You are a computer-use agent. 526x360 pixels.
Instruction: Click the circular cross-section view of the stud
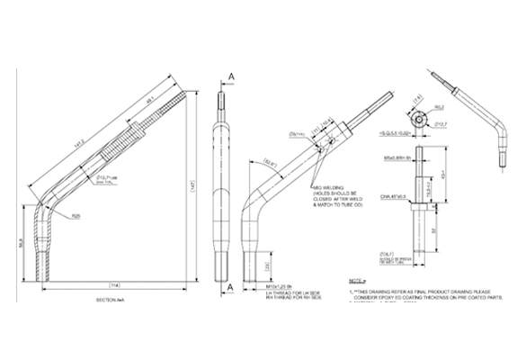coord(419,119)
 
